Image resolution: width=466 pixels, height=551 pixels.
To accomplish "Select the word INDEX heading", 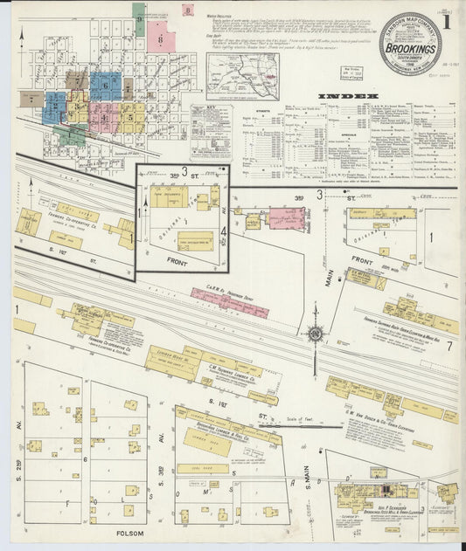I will tap(347, 95).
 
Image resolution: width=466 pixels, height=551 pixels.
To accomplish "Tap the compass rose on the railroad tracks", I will tap(314, 333).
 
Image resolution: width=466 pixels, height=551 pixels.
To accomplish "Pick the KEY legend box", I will tap(211, 131).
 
